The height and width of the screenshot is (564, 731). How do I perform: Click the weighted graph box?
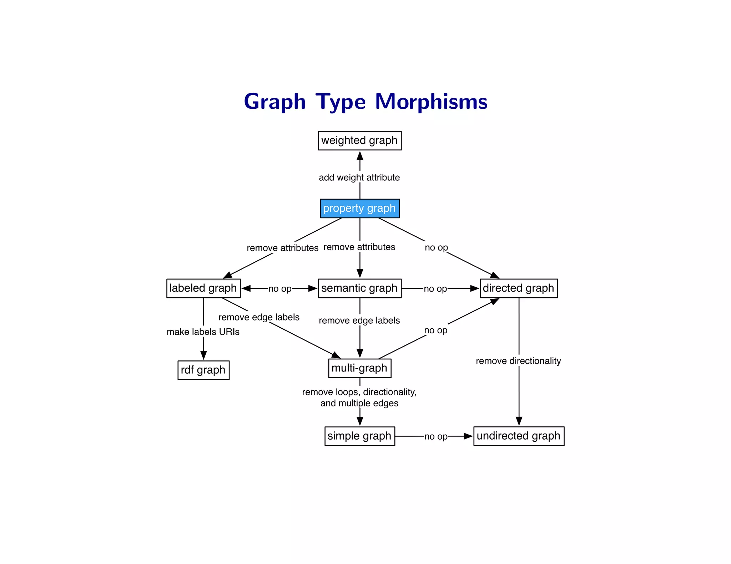coord(359,140)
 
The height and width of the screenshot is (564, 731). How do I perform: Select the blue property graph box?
coord(359,208)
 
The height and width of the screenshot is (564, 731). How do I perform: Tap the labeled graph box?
coord(203,288)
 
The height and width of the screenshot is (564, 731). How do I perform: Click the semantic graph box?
coord(359,288)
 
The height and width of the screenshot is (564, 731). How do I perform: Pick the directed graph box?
coord(518,288)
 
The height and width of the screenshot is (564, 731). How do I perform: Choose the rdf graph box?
coord(203,370)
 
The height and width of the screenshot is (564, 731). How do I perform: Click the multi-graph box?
coord(359,368)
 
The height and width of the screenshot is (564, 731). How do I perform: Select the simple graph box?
coord(359,436)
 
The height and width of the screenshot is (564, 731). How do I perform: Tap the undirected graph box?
coord(518,436)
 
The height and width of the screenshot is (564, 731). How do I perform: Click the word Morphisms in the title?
coord(431,102)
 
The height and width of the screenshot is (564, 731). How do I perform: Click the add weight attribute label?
coord(359,178)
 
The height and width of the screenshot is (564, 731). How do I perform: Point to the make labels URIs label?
coord(203,332)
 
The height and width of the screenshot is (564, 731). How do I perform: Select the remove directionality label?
coord(518,361)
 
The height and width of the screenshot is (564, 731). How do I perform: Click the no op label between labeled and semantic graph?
coord(280,289)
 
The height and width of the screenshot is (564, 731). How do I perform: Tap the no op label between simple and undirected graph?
coord(436,436)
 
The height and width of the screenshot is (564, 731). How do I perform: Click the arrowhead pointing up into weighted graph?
coord(360,156)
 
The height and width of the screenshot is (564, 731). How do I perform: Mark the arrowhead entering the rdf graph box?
coord(203,355)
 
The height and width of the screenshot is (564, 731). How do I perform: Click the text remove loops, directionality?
coord(359,392)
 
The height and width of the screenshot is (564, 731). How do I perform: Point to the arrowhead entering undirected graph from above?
coord(519,421)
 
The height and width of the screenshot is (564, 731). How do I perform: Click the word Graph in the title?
coord(274,102)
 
